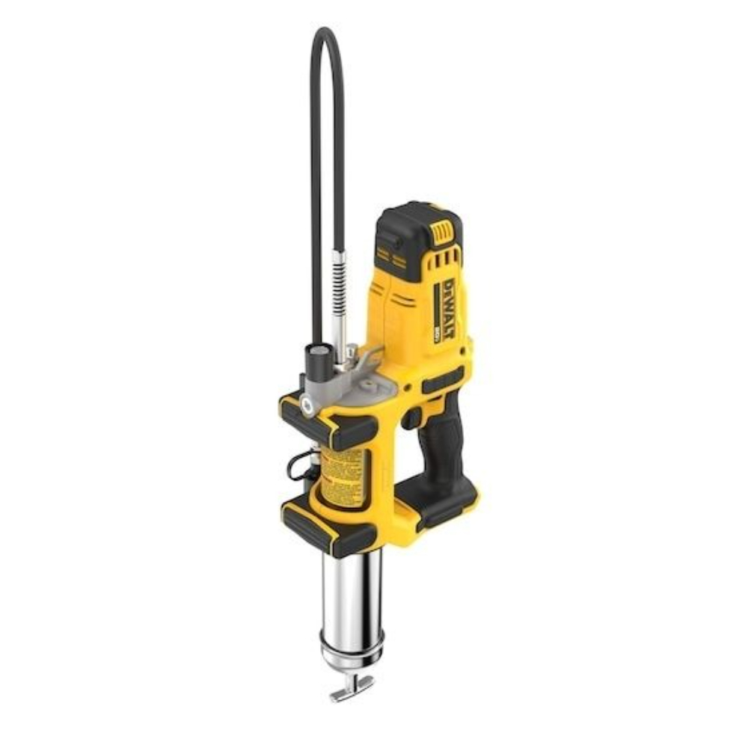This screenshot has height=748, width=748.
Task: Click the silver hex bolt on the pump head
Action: click(307, 405)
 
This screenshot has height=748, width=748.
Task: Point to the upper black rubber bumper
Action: click(329, 423)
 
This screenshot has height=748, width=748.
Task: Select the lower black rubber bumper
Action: click(329, 527)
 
